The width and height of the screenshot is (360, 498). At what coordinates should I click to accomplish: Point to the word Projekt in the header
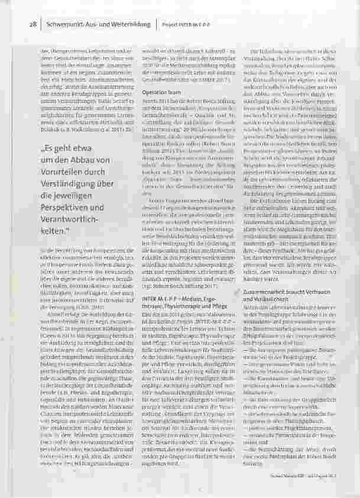click(172, 25)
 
